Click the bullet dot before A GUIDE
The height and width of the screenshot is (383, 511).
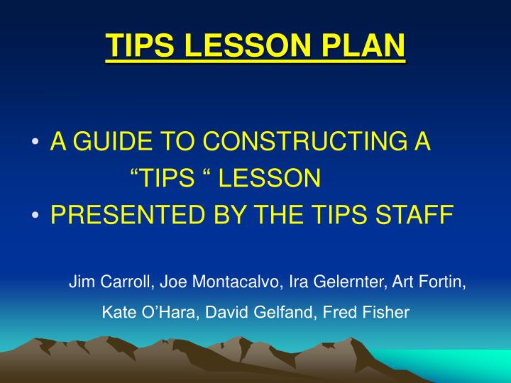tap(35, 143)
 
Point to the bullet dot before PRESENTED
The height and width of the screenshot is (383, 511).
tap(35, 216)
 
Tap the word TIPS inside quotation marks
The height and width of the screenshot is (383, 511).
tap(170, 179)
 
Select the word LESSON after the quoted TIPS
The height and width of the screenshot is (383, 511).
tap(270, 179)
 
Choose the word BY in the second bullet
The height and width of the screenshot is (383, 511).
tap(207, 215)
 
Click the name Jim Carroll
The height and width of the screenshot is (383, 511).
tap(110, 282)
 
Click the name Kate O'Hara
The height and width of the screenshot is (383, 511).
tap(143, 312)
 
